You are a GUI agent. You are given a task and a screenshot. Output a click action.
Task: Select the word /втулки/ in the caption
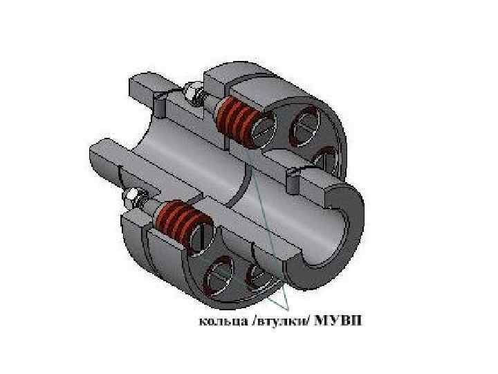tap(279, 321)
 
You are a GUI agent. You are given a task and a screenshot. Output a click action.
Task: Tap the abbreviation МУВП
tap(338, 321)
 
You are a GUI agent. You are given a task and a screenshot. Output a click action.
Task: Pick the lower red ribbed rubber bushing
tap(182, 221)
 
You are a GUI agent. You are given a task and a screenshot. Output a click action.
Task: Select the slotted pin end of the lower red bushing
tap(201, 234)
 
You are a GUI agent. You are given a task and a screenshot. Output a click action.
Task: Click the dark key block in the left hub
tap(160, 105)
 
